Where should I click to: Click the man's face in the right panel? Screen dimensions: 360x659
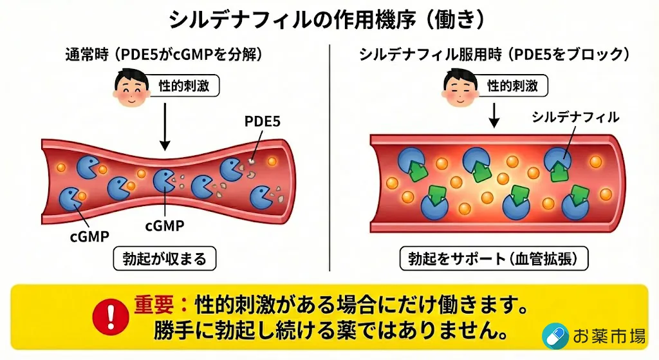pyautogui.click(x=459, y=88)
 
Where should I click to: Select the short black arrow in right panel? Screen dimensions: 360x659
pyautogui.click(x=494, y=114)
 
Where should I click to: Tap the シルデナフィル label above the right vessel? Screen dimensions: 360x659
pyautogui.click(x=575, y=117)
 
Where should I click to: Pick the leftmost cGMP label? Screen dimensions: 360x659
pyautogui.click(x=89, y=236)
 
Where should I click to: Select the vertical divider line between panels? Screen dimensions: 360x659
pyautogui.click(x=329, y=161)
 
